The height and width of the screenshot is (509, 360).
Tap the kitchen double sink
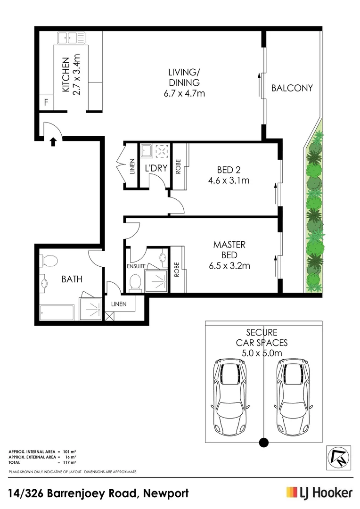tap(70, 37)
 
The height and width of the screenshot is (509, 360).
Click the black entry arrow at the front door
tap(53, 140)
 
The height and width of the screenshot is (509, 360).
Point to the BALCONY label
tap(292, 88)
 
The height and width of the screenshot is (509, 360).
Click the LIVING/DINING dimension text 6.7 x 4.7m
tap(181, 93)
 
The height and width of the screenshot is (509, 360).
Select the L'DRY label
tap(156, 167)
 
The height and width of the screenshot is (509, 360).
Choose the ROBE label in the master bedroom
tap(177, 269)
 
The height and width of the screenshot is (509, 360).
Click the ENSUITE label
tap(136, 266)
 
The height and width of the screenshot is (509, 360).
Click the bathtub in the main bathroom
tap(57, 312)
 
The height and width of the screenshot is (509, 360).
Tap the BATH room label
tap(72, 279)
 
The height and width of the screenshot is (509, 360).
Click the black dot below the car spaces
tap(264, 442)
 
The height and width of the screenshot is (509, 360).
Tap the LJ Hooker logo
tap(319, 493)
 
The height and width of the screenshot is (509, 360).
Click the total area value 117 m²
tap(69, 462)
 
